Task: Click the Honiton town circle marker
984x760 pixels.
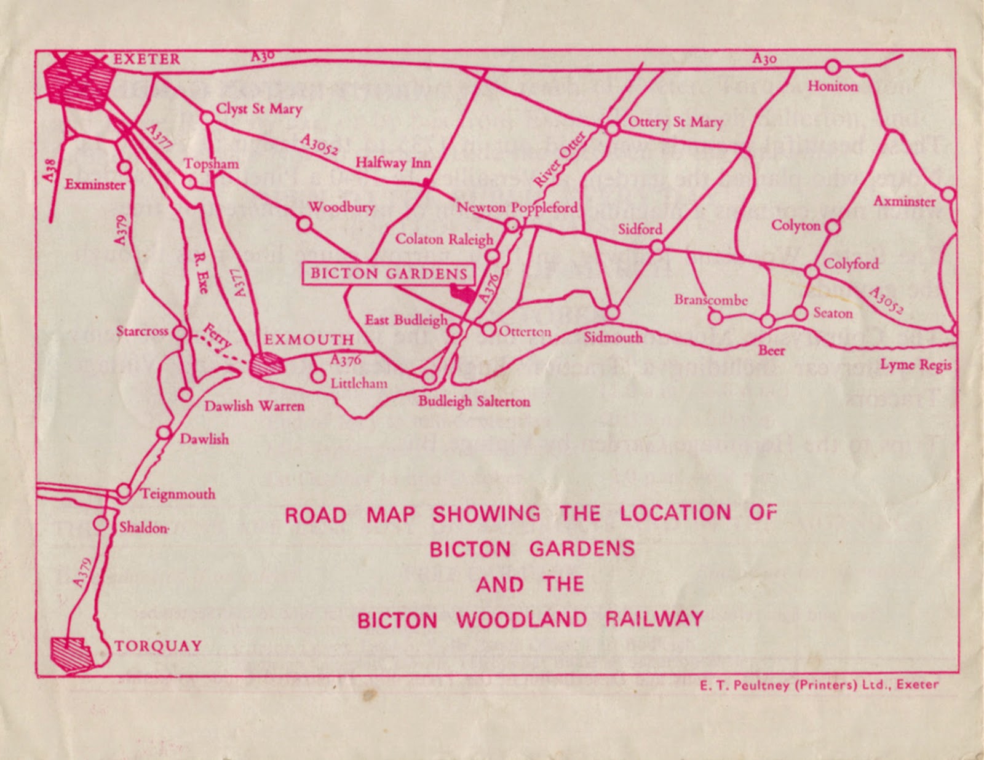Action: coord(833,67)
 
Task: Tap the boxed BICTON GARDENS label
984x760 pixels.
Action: coord(389,274)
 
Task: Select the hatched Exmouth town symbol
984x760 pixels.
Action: coord(268,365)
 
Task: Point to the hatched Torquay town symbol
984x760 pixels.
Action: coord(71,653)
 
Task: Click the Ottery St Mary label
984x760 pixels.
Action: coord(675,122)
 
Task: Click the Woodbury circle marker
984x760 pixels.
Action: coord(304,223)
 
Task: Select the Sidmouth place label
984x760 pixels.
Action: coord(613,337)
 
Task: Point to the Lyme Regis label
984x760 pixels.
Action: coord(915,365)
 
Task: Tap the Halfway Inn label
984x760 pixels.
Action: coord(393,163)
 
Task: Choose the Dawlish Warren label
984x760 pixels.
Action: coord(254,406)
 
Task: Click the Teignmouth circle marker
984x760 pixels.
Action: coord(124,491)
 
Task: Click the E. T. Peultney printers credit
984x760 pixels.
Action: coord(819,685)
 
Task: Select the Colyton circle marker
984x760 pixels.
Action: coord(832,226)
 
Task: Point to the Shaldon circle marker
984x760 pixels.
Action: coord(101,524)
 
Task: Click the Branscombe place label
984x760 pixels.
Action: coord(710,300)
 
